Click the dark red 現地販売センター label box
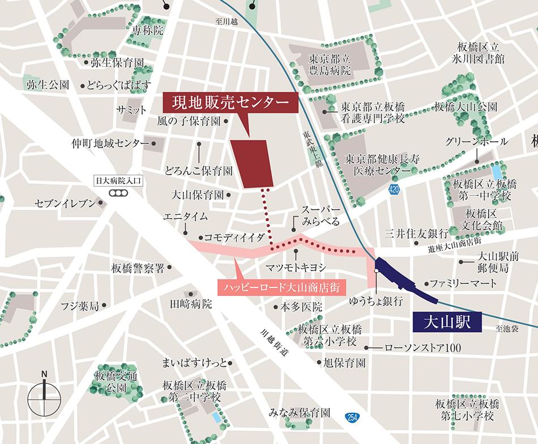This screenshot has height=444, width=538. (x=230, y=103)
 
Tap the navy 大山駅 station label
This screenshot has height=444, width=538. (x=447, y=322)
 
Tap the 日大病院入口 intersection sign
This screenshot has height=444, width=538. (x=118, y=182)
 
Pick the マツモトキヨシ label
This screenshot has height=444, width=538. (x=296, y=267)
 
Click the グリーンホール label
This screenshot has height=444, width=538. (x=476, y=142)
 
